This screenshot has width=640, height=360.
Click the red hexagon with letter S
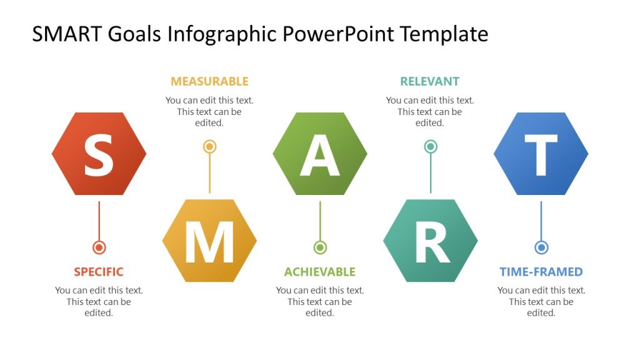click(99, 154)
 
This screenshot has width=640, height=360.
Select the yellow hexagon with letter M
click(209, 241)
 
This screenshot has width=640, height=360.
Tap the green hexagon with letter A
click(320, 154)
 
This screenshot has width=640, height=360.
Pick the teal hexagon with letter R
click(430, 241)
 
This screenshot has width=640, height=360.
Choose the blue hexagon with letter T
click(541, 154)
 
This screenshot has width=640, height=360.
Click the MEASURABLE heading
click(209, 81)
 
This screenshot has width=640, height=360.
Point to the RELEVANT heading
click(429, 81)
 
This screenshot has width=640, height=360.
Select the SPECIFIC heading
click(99, 272)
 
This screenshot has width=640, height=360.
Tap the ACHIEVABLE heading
click(319, 272)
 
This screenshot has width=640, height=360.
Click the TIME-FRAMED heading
click(541, 272)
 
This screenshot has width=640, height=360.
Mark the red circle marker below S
click(99, 247)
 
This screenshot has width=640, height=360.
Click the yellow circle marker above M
click(209, 147)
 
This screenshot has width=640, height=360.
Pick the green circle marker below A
click(320, 247)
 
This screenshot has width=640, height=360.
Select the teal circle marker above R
click(430, 147)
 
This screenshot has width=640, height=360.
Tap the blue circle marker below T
click(541, 247)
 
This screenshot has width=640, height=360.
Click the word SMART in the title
click(67, 34)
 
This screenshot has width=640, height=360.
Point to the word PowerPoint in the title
click(338, 34)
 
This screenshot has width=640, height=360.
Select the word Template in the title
click(444, 34)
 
